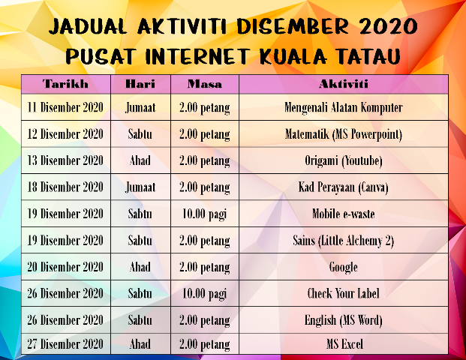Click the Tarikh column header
65,83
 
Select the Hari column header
140,83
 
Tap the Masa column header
204,83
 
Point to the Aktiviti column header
343,83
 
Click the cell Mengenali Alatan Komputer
343,107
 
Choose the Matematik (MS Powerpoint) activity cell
343,134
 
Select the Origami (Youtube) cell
343,160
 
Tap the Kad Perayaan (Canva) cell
343,187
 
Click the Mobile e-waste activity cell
343,214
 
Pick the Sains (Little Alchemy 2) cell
343,241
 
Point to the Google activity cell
343,267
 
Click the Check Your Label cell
343,293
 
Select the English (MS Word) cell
343,320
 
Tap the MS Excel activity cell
343,344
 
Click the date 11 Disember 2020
65,107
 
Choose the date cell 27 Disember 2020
65,344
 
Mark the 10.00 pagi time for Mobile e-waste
204,214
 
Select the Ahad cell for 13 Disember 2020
140,160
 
